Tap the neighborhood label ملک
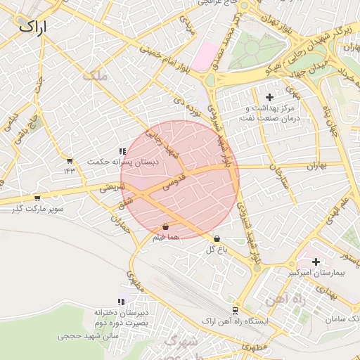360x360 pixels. tap(96, 76)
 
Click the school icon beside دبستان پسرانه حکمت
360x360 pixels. tap(122, 151)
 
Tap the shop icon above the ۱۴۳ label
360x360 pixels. tap(69, 161)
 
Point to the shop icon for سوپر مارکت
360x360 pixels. tap(37, 198)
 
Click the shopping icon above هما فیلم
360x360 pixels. tap(165, 227)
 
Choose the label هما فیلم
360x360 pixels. tap(165, 238)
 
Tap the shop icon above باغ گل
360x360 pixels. tap(216, 239)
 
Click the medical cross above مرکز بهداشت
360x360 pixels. tap(269, 97)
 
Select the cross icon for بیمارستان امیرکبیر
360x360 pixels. tap(316, 262)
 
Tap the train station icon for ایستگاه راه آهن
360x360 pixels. tap(234, 310)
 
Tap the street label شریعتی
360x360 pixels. tap(112, 188)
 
